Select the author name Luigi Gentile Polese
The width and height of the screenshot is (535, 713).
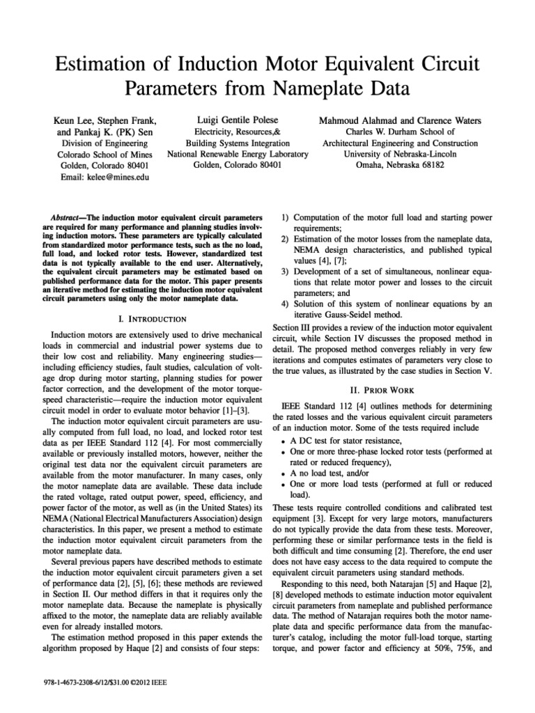tap(238, 120)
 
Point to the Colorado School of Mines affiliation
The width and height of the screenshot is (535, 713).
tap(100, 155)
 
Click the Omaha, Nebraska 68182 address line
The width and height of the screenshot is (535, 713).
tap(399, 166)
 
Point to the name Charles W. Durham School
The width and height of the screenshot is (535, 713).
tap(400, 132)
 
